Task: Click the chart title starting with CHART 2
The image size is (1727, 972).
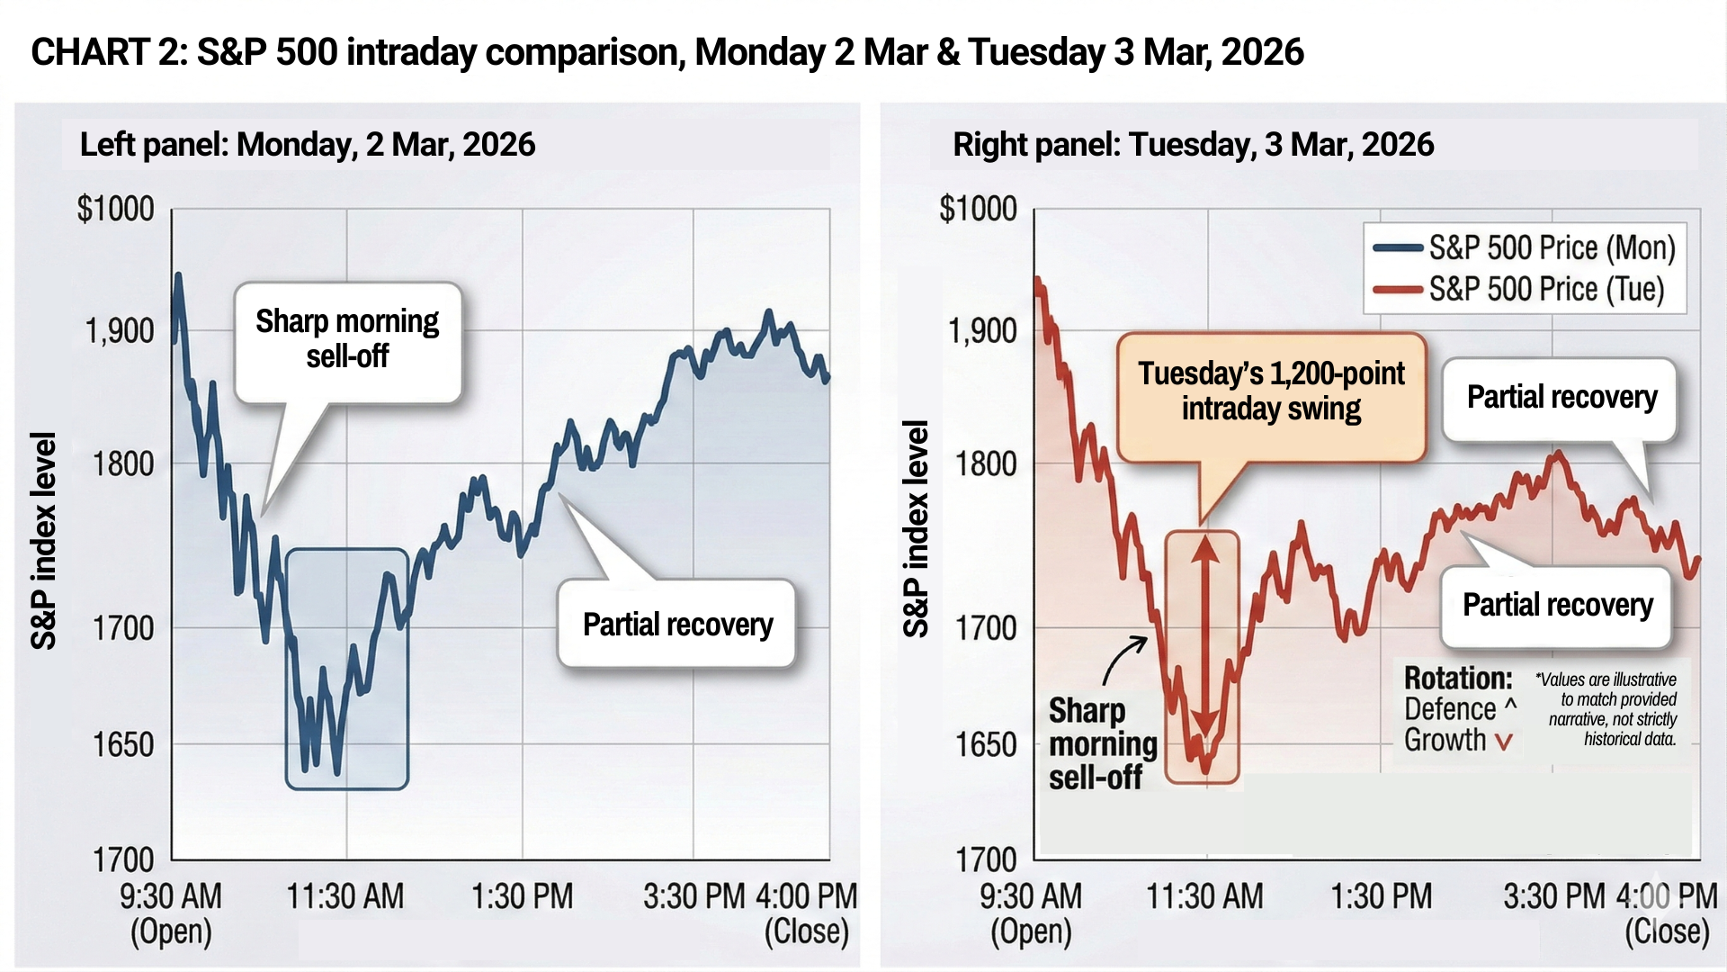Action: tap(667, 52)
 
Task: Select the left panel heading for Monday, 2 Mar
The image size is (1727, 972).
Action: tap(308, 144)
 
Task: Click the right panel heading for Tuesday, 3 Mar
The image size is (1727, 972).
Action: tap(1193, 144)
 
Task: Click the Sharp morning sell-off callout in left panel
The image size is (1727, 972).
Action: tap(347, 339)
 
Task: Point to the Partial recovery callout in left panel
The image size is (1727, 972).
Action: tap(677, 624)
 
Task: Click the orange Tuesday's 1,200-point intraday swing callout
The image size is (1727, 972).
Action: tap(1271, 391)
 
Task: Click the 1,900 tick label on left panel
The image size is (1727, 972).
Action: tap(120, 331)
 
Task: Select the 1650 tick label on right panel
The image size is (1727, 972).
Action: tap(986, 745)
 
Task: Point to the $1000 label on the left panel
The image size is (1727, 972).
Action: tap(115, 209)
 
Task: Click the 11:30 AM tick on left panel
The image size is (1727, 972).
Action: tap(345, 896)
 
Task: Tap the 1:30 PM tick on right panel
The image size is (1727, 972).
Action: tap(1381, 896)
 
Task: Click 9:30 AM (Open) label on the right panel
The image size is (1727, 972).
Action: tap(1031, 913)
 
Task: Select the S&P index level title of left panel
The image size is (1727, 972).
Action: tap(43, 540)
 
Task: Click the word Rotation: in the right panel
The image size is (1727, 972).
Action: tap(1457, 678)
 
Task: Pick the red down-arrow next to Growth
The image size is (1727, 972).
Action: tap(1503, 742)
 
